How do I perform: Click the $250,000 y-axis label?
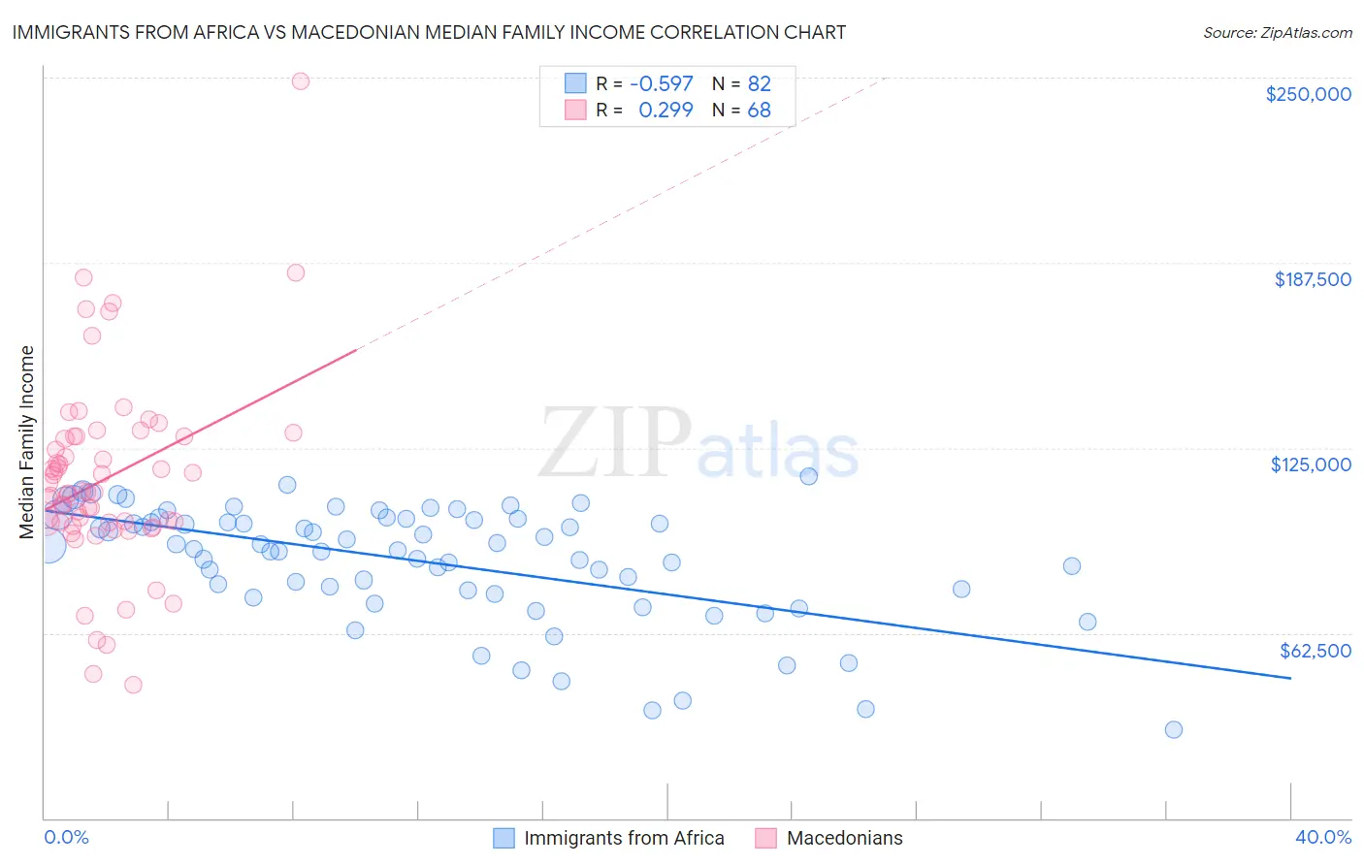(x=1308, y=94)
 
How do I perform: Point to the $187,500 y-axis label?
(x=1312, y=279)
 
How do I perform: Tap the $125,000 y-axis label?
(x=1311, y=465)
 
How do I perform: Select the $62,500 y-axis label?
(x=1315, y=651)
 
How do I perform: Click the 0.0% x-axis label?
(x=66, y=838)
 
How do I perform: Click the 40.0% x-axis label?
(x=1323, y=838)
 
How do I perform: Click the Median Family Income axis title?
(x=27, y=442)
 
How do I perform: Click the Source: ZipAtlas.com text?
(x=1277, y=33)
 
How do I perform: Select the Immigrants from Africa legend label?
(x=624, y=839)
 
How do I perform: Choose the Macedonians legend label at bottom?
(x=844, y=839)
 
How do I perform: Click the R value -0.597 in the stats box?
(x=662, y=83)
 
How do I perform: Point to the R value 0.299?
(x=666, y=111)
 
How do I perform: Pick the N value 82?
(x=759, y=83)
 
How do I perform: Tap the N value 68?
(x=759, y=111)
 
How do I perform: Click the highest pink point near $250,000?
(x=301, y=81)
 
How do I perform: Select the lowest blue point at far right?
(x=1174, y=730)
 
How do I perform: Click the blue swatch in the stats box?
(x=575, y=83)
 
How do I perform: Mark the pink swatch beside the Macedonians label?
(x=765, y=839)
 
